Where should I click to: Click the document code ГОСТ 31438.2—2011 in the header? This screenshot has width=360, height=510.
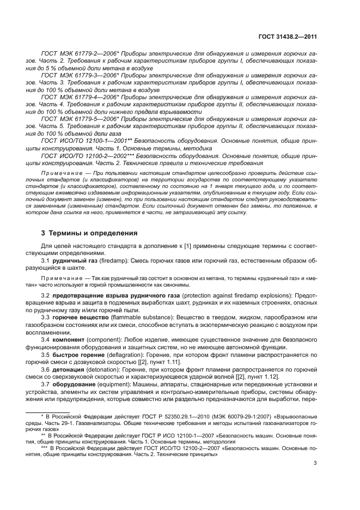[288, 37]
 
